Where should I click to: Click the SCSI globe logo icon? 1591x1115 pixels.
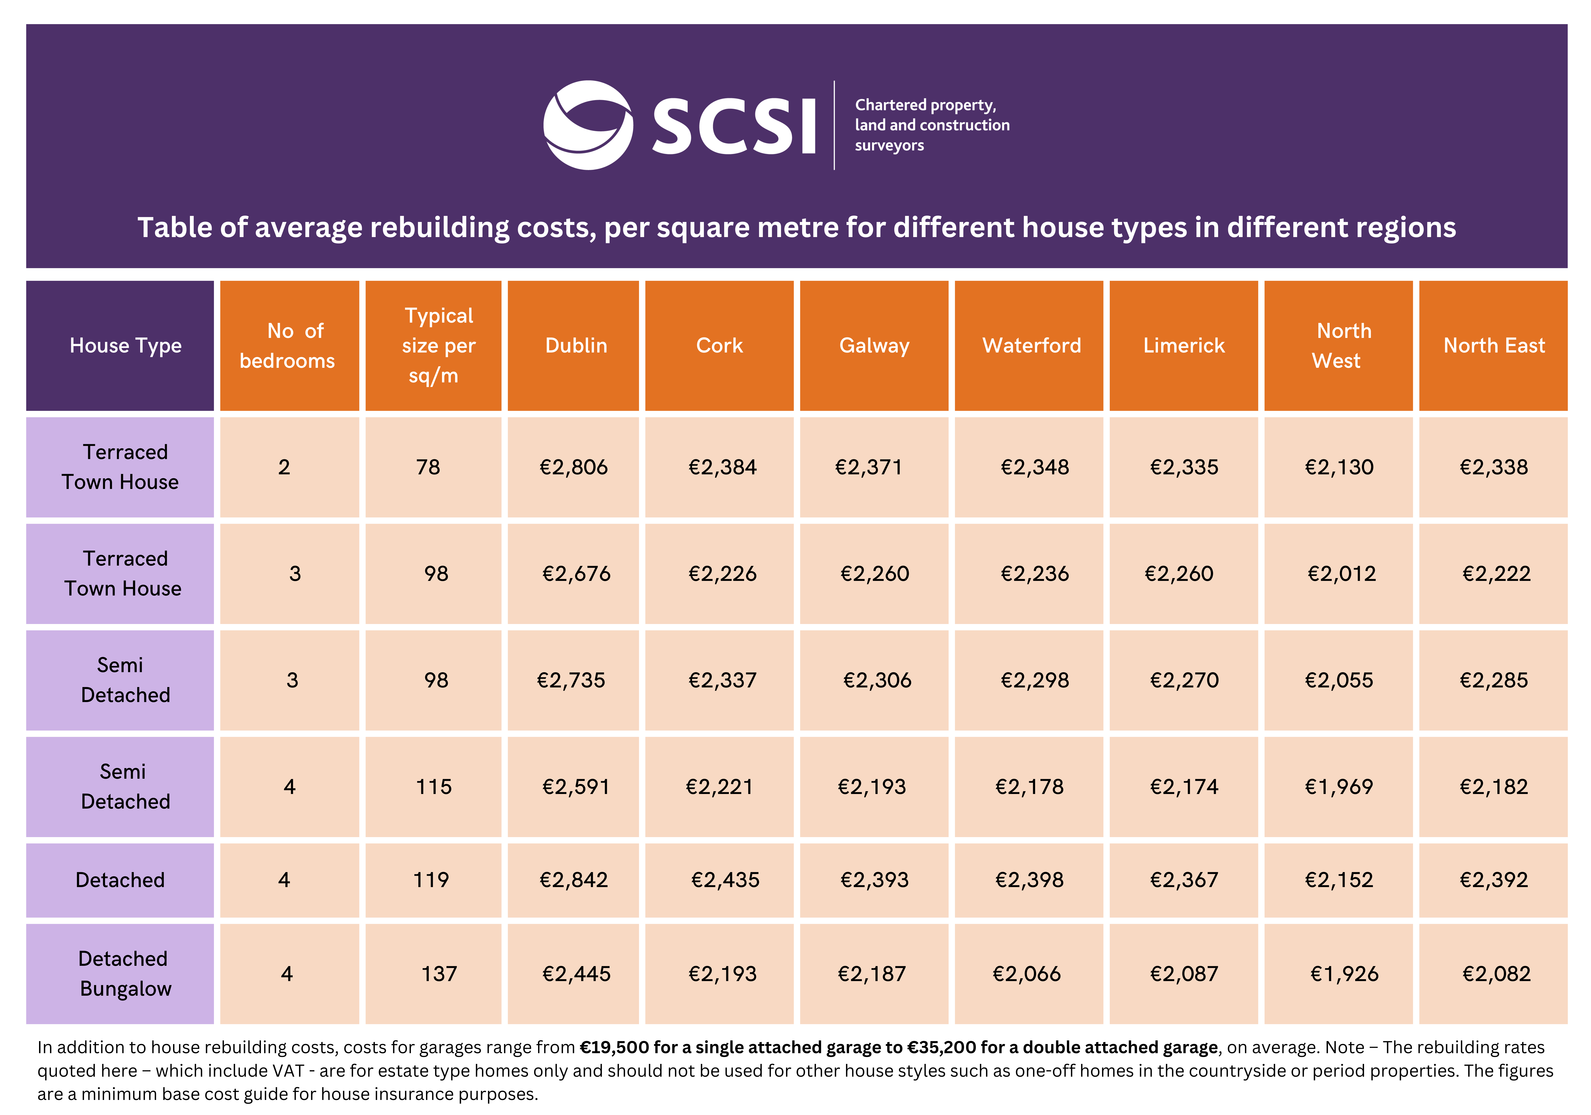pyautogui.click(x=588, y=125)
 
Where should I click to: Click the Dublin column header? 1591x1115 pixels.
pyautogui.click(x=576, y=346)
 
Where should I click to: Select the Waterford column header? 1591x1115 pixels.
pyautogui.click(x=1031, y=346)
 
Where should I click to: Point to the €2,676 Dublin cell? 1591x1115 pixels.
pyautogui.click(x=576, y=574)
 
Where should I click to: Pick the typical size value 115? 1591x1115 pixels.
pyautogui.click(x=433, y=787)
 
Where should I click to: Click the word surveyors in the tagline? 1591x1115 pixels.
pyautogui.click(x=889, y=145)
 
